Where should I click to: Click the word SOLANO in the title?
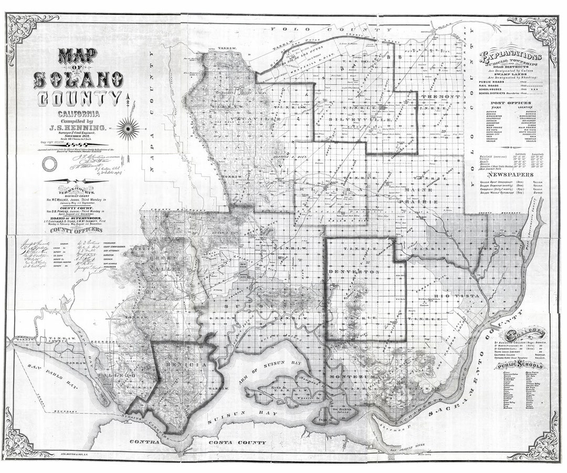(x=79, y=79)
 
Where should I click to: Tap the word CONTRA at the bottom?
(x=143, y=443)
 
